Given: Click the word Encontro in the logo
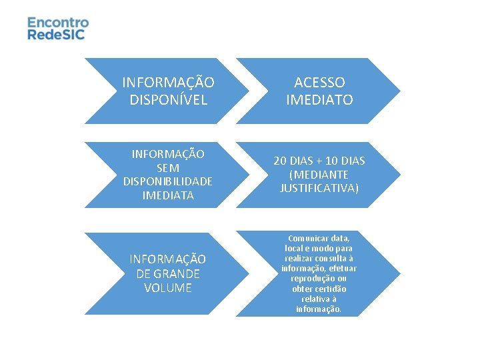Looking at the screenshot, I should pos(58,22).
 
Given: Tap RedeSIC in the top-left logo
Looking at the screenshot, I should pos(57,34).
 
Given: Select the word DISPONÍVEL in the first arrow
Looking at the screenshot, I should pos(169,99).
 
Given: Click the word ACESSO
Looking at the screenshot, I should pos(319,83).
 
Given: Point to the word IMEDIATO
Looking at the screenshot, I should pos(319,99).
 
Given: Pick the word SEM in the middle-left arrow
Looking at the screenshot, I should pos(168,168).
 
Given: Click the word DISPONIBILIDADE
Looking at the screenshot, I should pos(168,182).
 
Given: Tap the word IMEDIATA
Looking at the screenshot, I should pos(168,195).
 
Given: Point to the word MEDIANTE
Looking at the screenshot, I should pos(322,175).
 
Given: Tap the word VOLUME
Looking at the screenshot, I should pos(168,288).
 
